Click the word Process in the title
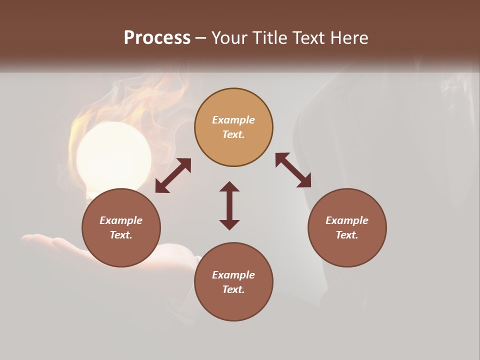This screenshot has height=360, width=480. click(157, 38)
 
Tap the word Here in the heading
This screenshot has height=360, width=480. click(347, 38)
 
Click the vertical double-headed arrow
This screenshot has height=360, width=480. click(229, 205)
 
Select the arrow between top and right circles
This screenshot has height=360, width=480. click(293, 170)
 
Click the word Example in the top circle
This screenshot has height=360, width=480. click(233, 120)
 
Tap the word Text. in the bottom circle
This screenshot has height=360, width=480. click(233, 289)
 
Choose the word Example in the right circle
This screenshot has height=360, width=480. click(347, 220)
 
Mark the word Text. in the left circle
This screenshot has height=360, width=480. click(121, 235)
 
